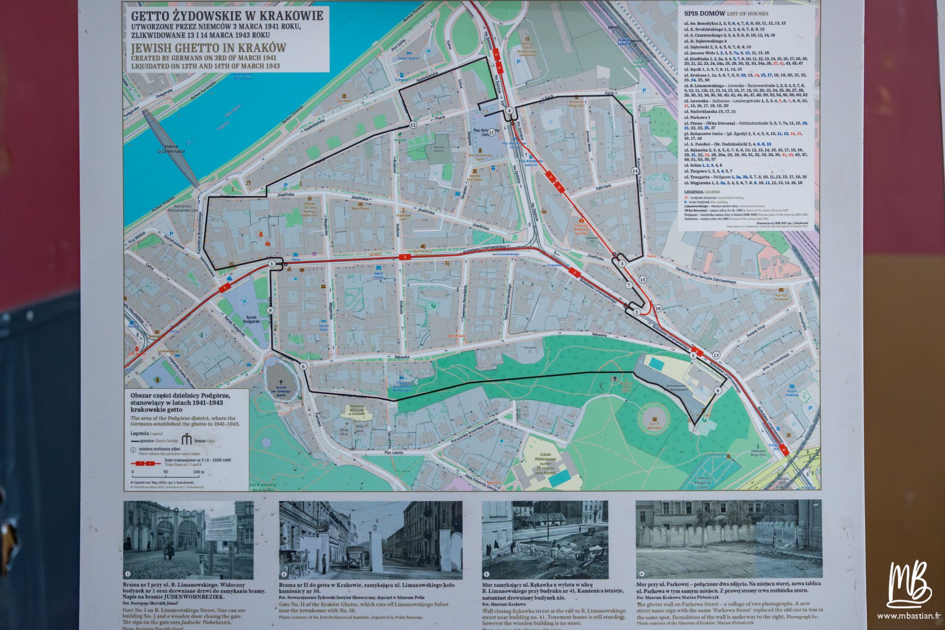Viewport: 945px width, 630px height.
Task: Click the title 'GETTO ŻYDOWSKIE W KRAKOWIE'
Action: [x=224, y=16]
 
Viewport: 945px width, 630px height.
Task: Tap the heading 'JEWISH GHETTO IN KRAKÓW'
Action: [x=209, y=48]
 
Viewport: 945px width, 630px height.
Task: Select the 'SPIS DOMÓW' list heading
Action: [x=704, y=13]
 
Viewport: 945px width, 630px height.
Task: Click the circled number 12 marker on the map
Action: [x=413, y=124]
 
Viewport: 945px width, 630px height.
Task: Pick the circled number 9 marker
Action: [x=270, y=310]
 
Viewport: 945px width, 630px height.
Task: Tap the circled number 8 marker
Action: [x=718, y=390]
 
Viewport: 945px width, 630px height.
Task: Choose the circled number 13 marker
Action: [x=716, y=355]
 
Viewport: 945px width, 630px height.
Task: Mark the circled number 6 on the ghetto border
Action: [x=303, y=366]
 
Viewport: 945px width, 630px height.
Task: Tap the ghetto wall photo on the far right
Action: [x=729, y=538]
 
